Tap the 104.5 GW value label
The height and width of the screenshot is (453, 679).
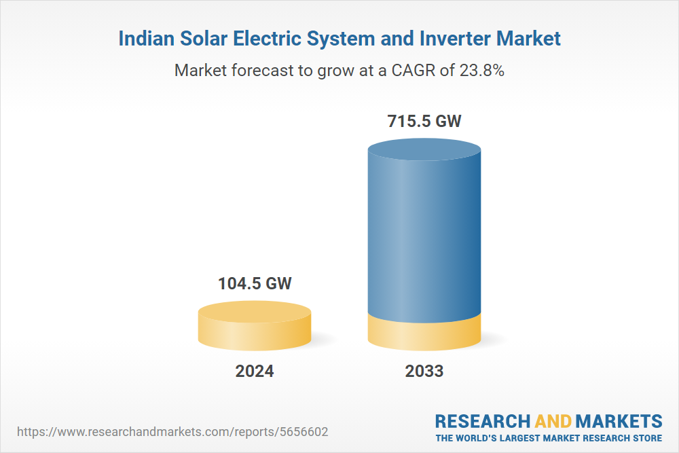click(x=255, y=283)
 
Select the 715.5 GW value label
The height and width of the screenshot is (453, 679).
click(x=424, y=122)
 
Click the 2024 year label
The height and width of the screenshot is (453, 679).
click(x=255, y=372)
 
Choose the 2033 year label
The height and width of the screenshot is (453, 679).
click(x=424, y=372)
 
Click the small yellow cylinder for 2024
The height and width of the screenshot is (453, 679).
click(x=255, y=326)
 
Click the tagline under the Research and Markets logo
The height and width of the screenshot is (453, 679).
click(x=549, y=438)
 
